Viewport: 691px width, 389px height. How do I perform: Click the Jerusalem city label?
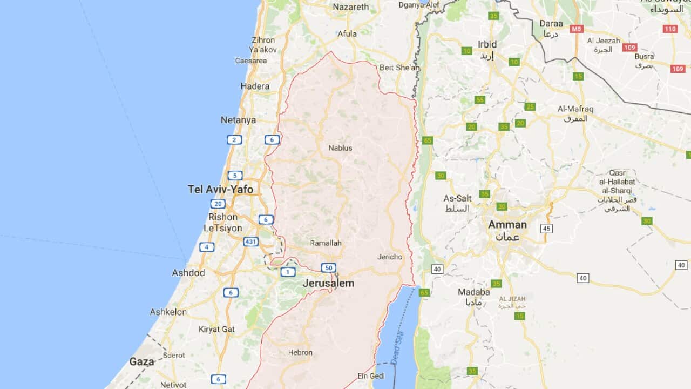tap(328, 283)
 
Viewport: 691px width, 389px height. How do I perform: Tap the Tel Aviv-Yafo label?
tap(220, 189)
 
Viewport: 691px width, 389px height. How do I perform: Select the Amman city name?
tap(507, 225)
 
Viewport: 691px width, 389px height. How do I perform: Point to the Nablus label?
tap(340, 147)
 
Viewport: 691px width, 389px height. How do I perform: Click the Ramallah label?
tap(326, 243)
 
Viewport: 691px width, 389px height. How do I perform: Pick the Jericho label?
tap(390, 257)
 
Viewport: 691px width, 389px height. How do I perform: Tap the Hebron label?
tap(300, 352)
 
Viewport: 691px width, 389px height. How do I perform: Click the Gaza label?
tap(141, 361)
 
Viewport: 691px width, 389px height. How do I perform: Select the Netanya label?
tap(238, 120)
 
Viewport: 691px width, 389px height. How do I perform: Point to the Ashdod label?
tap(188, 273)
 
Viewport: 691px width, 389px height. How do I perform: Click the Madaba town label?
tap(473, 292)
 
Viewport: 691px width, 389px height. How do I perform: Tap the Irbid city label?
tap(487, 44)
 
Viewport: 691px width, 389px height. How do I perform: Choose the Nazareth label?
tap(351, 7)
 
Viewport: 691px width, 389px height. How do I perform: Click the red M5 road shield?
tap(577, 28)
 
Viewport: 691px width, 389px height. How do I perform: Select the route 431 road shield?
tap(250, 242)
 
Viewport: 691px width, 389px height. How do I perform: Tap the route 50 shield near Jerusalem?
tap(328, 267)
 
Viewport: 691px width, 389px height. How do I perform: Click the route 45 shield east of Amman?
tap(547, 229)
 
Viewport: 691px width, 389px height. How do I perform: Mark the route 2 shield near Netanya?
tap(234, 140)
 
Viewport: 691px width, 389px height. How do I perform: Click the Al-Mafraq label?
tap(575, 109)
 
